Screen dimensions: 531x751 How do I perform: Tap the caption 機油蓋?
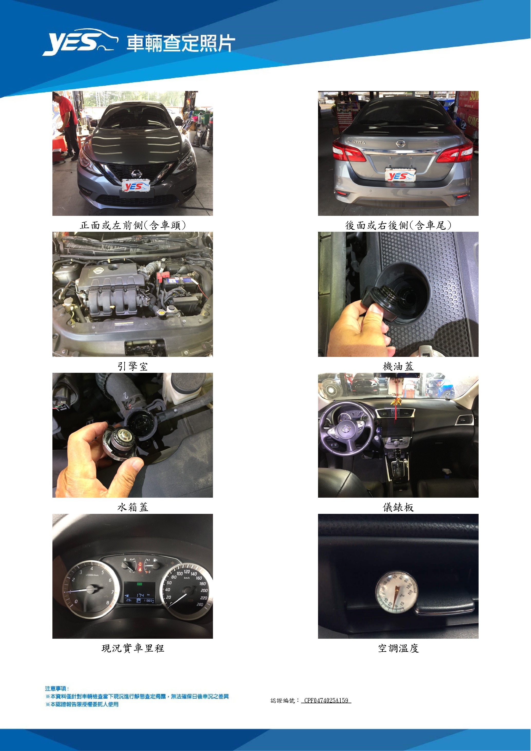398,366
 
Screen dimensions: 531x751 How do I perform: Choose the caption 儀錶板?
398,507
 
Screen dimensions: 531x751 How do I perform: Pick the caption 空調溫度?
398,648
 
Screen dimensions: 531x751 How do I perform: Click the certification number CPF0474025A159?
326,700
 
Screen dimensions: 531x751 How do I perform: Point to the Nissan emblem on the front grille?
136,174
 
